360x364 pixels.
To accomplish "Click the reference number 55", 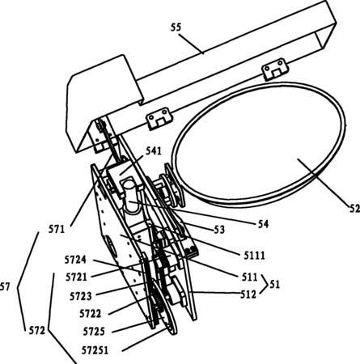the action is (176, 28).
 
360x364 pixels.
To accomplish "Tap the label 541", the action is (154, 151).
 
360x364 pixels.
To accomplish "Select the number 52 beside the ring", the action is (354, 208).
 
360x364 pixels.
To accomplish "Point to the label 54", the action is (263, 224).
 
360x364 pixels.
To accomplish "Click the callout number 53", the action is (219, 230).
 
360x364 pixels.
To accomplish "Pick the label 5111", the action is (254, 256).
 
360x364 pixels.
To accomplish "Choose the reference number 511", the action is (249, 277).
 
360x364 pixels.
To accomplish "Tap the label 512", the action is (248, 294).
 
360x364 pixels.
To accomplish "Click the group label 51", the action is (274, 284).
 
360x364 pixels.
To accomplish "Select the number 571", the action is (57, 230).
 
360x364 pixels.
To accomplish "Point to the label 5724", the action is (75, 260).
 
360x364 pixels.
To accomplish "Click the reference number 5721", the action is (76, 277).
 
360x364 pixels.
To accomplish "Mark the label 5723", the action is (81, 296).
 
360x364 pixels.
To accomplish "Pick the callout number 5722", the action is (91, 314).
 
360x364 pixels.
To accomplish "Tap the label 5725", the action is (94, 331).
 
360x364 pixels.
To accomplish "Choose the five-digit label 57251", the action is (95, 350).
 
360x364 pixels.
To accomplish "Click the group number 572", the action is (37, 330).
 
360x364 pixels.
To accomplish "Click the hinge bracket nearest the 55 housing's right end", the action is (275, 69).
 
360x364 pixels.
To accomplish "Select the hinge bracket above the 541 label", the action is (159, 118).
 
